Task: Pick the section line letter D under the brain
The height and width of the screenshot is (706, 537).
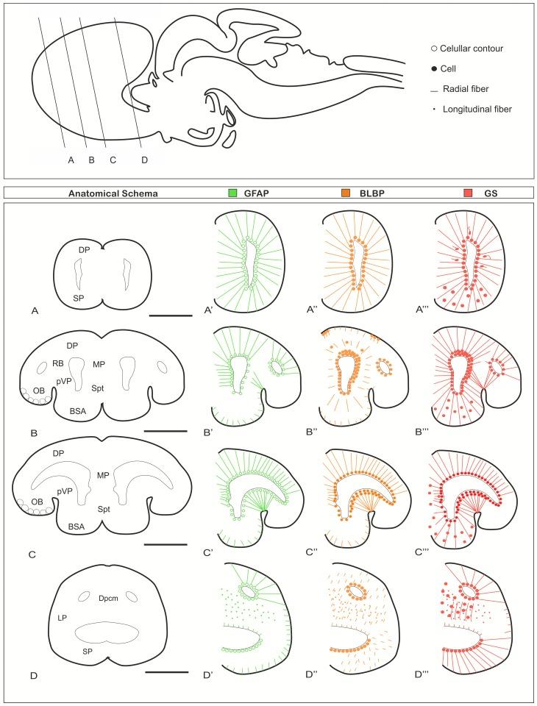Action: (144, 159)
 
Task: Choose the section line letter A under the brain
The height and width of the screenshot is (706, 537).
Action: (71, 159)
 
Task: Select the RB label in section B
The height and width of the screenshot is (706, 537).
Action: (57, 362)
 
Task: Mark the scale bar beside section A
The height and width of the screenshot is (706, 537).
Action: (168, 316)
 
